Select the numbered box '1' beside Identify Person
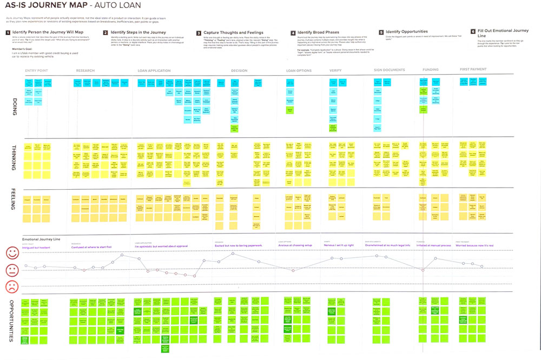(8, 32)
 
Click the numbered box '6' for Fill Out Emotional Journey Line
(473, 32)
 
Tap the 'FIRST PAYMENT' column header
(473, 70)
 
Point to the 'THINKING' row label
(12, 157)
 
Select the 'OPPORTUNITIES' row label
(12, 320)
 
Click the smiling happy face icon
(12, 252)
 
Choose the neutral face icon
(12, 269)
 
